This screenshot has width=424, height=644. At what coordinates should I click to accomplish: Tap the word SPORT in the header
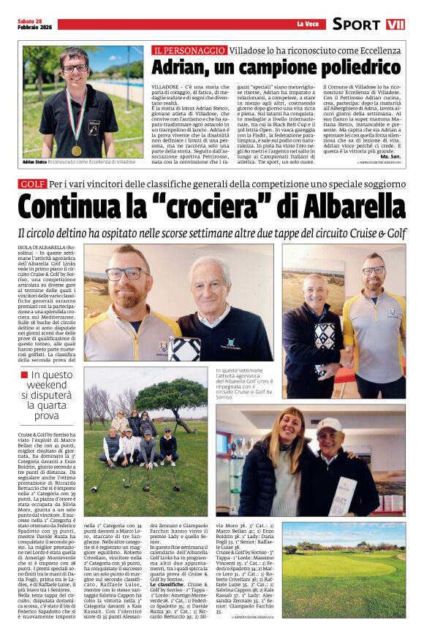click(x=356, y=24)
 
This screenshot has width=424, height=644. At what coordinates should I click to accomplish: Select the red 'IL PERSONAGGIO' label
click(x=189, y=50)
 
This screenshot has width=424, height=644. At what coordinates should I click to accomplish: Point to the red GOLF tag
click(x=33, y=184)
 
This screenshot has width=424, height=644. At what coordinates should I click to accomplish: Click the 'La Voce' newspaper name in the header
click(x=306, y=24)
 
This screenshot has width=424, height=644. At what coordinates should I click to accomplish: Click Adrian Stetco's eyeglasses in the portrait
click(x=74, y=68)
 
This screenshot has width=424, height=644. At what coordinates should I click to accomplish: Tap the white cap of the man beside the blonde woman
click(x=329, y=425)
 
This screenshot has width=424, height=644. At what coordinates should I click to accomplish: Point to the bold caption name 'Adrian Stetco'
click(x=34, y=161)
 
